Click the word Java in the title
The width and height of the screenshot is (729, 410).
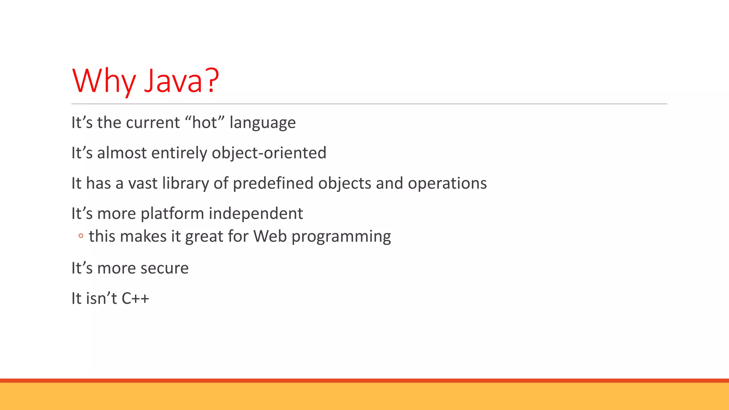tap(173, 81)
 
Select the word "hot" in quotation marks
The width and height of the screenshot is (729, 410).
tap(205, 122)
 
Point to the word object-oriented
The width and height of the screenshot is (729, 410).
tap(269, 153)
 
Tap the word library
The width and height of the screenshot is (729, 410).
tap(185, 184)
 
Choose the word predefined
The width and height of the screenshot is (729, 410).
tap(273, 183)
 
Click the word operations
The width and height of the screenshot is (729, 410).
tap(447, 184)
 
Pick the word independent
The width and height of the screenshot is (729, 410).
tap(256, 214)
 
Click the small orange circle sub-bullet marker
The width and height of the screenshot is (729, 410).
tap(81, 236)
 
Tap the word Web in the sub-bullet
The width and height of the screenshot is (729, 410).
tap(270, 236)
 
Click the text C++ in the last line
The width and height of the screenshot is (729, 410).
tap(135, 299)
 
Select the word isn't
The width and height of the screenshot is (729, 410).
tap(101, 298)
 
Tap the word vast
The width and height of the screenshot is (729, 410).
tap(142, 184)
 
